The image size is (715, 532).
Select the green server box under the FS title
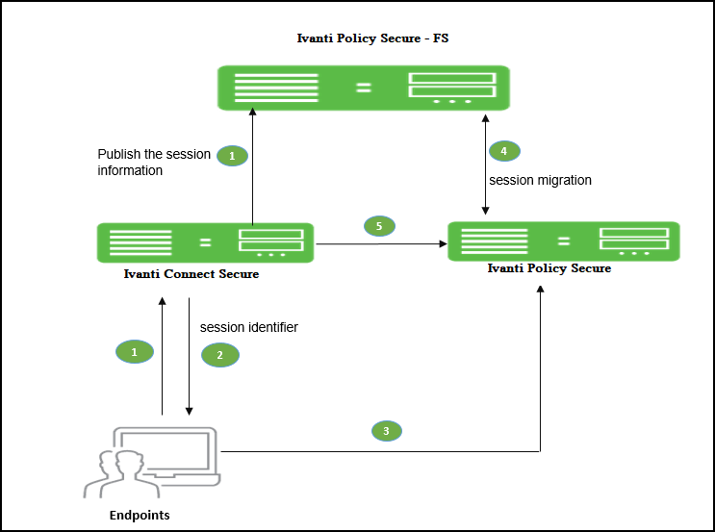click(x=363, y=88)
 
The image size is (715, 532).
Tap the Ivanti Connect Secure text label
click(x=192, y=275)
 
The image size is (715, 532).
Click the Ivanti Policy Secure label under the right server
click(x=549, y=268)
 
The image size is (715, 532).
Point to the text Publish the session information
click(x=153, y=163)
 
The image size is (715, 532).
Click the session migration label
click(x=540, y=180)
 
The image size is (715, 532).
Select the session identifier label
click(x=248, y=327)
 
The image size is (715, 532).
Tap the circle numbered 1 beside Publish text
click(x=231, y=155)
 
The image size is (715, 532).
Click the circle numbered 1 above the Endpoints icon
click(x=135, y=352)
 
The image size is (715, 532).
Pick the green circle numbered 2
click(x=219, y=355)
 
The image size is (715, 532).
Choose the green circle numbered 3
click(x=386, y=431)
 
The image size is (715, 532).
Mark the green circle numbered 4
click(x=503, y=151)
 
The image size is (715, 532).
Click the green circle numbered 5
click(x=379, y=226)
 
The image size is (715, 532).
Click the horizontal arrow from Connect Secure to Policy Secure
click(x=380, y=244)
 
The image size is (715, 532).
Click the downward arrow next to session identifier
click(x=190, y=356)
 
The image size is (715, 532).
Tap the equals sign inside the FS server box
click(x=363, y=88)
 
